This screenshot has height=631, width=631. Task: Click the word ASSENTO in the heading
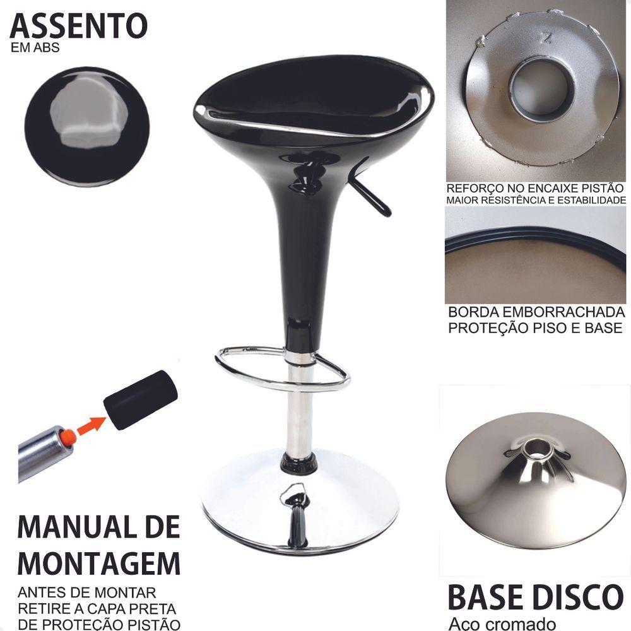pos(78,27)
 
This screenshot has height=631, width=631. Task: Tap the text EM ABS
pos(35,48)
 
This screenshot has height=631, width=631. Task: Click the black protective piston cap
pos(140,399)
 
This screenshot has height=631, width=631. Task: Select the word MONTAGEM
pos(98,562)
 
